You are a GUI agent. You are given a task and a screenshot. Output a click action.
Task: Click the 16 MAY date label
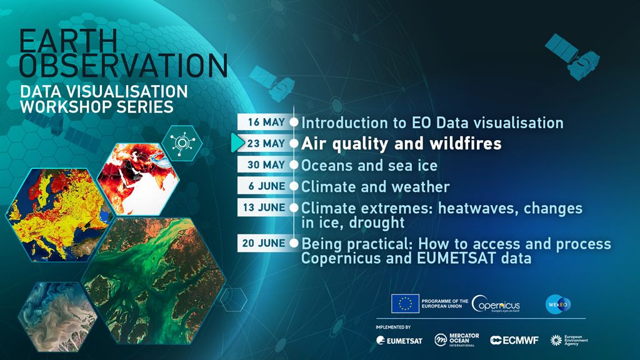(x=266, y=122)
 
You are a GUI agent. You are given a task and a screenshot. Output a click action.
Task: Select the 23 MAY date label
(x=266, y=144)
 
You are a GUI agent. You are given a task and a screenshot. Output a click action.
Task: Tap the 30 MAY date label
(x=266, y=165)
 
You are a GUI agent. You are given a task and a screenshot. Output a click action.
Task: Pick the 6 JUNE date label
(x=267, y=186)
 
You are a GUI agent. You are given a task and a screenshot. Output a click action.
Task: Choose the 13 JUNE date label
(x=264, y=207)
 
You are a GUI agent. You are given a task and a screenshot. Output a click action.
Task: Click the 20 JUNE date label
(x=264, y=243)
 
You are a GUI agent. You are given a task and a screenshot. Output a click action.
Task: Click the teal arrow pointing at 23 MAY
(x=237, y=143)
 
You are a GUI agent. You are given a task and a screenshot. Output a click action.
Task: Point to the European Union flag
(x=405, y=304)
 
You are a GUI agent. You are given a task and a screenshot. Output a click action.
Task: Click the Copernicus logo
(x=496, y=304)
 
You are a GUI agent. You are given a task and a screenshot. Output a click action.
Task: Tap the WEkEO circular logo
(x=558, y=304)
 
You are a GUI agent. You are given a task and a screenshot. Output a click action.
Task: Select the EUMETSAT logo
(x=399, y=341)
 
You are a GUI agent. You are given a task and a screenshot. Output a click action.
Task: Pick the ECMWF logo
(x=514, y=341)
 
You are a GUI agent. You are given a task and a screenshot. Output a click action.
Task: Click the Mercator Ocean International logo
(x=457, y=339)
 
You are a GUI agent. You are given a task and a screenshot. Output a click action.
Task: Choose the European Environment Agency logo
(x=569, y=341)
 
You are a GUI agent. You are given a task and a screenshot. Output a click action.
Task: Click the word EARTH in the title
(x=69, y=41)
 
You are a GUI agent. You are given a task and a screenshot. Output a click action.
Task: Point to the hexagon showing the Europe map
(x=59, y=215)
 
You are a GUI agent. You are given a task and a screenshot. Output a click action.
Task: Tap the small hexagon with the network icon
(x=182, y=143)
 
